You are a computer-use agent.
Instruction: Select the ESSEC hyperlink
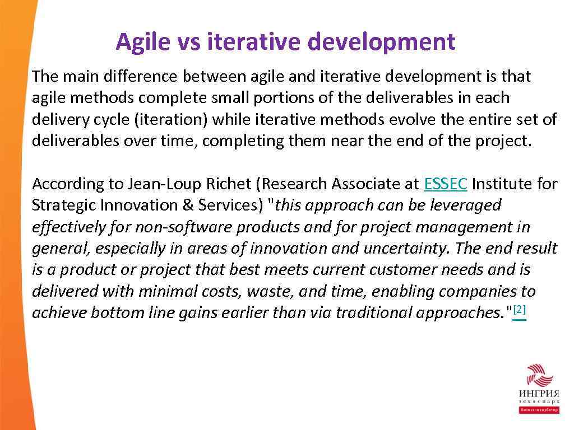(446, 184)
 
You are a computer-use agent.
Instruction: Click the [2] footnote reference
(520, 310)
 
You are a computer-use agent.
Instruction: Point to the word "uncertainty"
(412, 248)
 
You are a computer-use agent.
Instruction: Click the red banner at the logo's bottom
(538, 410)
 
